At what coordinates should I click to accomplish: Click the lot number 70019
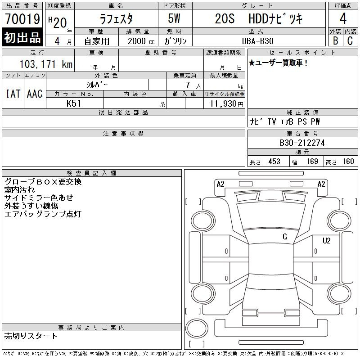pyautogui.click(x=22, y=19)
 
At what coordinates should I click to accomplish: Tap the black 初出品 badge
pyautogui.click(x=22, y=37)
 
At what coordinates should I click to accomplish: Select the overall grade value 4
pyautogui.click(x=343, y=18)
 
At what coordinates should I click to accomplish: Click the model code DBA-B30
pyautogui.click(x=257, y=41)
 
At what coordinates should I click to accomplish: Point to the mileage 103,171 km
pyautogui.click(x=46, y=64)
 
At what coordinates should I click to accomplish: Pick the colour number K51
pyautogui.click(x=74, y=103)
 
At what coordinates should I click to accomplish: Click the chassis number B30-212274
pyautogui.click(x=302, y=143)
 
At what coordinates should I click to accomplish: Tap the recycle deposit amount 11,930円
pyautogui.click(x=226, y=104)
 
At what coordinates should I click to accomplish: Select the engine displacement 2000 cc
pyautogui.click(x=141, y=41)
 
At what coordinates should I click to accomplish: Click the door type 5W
pyautogui.click(x=174, y=18)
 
